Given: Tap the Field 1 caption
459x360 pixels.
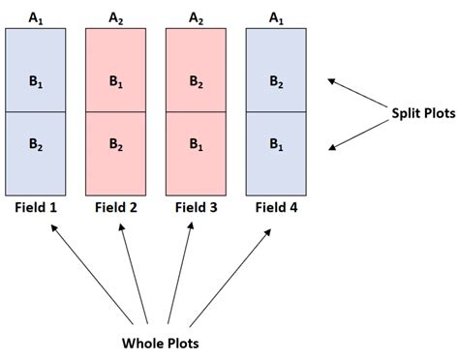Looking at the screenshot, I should [37, 206].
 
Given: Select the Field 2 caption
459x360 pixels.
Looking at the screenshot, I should [116, 206].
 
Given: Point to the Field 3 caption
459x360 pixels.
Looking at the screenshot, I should [197, 206].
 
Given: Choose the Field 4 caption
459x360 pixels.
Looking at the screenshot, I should [277, 206].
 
